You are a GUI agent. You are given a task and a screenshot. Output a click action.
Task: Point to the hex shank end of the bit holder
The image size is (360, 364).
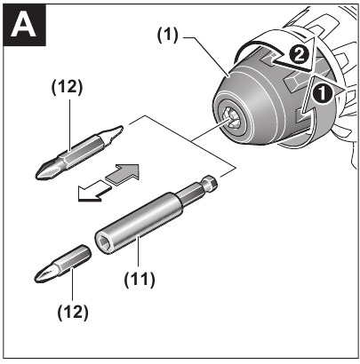click(x=212, y=185)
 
